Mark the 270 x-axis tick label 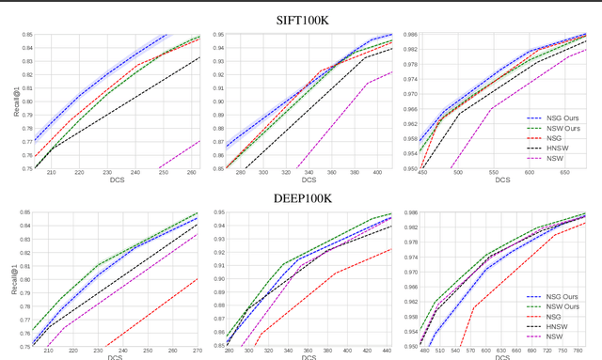(x=198, y=352)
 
